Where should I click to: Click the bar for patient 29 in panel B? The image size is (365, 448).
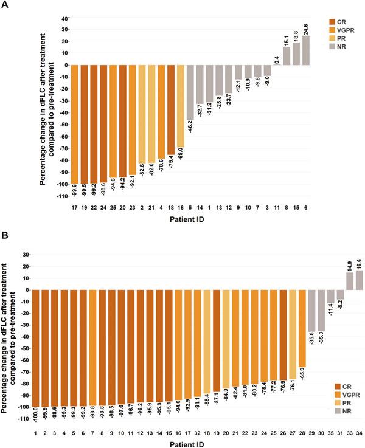[311, 311]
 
